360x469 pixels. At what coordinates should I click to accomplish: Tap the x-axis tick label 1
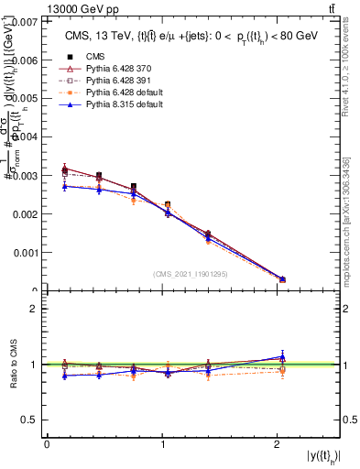tap(163, 444)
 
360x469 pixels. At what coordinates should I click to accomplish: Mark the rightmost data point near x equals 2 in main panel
tap(282, 279)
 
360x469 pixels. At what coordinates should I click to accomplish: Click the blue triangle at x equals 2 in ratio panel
tap(282, 356)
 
